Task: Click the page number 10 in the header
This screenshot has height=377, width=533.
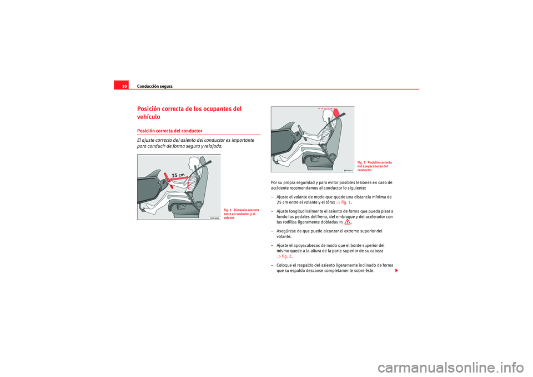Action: [124, 87]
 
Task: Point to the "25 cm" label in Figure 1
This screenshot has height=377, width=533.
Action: [179, 175]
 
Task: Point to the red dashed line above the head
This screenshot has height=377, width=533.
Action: [326, 108]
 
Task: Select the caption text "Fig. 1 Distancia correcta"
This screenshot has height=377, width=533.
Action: [237, 210]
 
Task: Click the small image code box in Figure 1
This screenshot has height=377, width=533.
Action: [214, 218]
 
